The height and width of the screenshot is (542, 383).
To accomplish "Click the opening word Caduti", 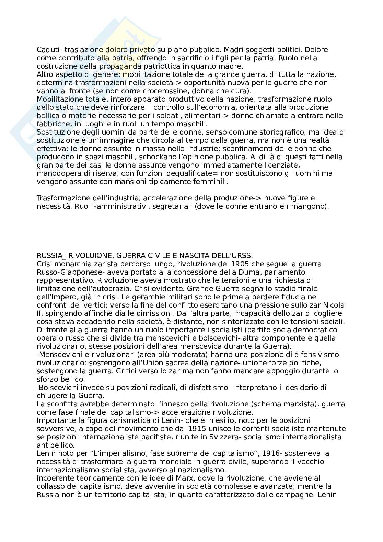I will tap(47, 50).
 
